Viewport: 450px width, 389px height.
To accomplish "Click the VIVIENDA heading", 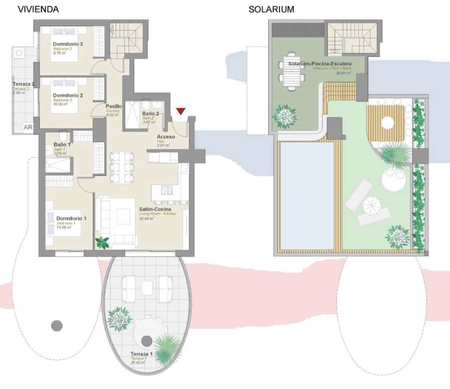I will point(38,9).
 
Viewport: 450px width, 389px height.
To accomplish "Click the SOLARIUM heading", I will point(271,9).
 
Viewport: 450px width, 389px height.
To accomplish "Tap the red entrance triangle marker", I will point(181,111).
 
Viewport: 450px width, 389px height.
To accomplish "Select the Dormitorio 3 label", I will point(68,44).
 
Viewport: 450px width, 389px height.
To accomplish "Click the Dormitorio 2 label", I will point(68,95).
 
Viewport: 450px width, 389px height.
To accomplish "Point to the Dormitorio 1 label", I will point(71,218).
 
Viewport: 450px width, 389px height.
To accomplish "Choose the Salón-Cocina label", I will point(155,209).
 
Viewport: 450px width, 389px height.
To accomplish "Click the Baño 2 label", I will point(150,114).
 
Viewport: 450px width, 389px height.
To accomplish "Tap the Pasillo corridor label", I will point(114,106).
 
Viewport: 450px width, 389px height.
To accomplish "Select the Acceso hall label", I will point(166,137).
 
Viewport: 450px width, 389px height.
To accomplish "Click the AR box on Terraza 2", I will point(28,127).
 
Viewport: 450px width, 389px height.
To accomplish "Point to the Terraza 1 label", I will point(141,354).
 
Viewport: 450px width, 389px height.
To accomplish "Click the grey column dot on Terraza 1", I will point(147,340).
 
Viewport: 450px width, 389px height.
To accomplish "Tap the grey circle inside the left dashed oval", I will point(57,325).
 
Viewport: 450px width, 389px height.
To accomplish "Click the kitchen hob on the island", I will point(167,190).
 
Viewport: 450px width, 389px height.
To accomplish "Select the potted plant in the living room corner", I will point(102,242).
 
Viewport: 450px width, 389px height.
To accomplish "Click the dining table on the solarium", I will point(292,71).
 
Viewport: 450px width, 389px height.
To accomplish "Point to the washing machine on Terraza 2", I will point(19,53).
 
